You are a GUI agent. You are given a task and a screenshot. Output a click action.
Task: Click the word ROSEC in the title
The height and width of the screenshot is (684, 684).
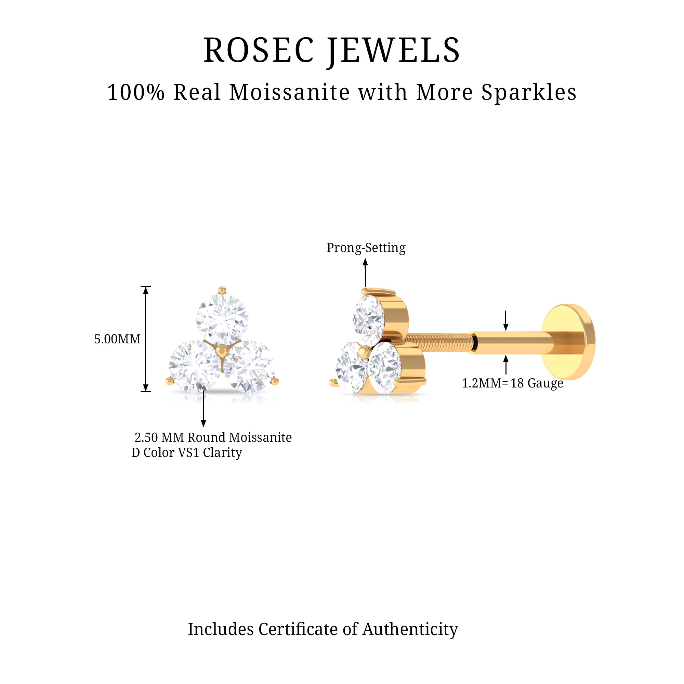259,51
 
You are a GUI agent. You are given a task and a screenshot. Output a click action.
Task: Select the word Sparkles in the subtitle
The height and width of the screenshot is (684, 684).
529,93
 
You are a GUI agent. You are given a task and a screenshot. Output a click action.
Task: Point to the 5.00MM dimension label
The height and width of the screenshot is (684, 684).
117,339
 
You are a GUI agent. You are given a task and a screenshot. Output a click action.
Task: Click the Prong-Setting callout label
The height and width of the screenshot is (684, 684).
366,248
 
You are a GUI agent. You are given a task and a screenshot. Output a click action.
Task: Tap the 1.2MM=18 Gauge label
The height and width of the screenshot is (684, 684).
512,383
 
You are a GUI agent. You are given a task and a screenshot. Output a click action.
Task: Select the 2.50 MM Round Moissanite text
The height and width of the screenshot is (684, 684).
213,438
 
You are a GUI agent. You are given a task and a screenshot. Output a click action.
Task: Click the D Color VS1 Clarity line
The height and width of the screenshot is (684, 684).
187,453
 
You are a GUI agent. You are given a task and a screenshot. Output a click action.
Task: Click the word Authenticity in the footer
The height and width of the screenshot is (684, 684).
410,629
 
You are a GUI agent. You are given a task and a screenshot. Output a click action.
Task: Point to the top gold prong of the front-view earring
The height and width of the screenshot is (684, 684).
222,291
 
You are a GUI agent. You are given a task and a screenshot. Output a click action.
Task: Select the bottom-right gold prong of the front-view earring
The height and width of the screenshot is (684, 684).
274,381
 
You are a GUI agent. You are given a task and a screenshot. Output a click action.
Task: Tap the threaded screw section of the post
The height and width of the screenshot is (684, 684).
439,342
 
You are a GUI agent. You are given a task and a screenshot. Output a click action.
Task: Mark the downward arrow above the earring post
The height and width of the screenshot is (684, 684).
506,320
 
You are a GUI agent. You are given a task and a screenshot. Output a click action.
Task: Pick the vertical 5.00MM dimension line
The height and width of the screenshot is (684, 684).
145,339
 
